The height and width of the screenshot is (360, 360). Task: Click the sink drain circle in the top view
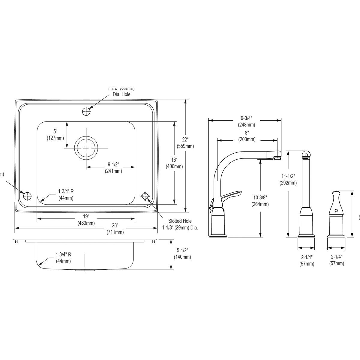(86, 148)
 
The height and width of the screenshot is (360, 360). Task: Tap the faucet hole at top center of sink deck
(86, 111)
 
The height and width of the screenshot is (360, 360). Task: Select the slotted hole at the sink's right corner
(145, 196)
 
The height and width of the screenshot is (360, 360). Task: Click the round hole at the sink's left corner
(27, 196)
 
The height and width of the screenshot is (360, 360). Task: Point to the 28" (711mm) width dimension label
(115, 229)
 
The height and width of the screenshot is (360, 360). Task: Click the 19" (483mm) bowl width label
(86, 220)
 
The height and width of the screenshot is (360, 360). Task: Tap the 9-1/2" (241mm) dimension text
(113, 168)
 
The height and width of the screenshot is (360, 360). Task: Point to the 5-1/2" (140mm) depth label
(182, 253)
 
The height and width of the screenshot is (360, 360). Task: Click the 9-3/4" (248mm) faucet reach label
(246, 121)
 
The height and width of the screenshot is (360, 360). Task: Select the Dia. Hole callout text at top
(121, 94)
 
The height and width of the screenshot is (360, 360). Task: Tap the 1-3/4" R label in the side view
(63, 257)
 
